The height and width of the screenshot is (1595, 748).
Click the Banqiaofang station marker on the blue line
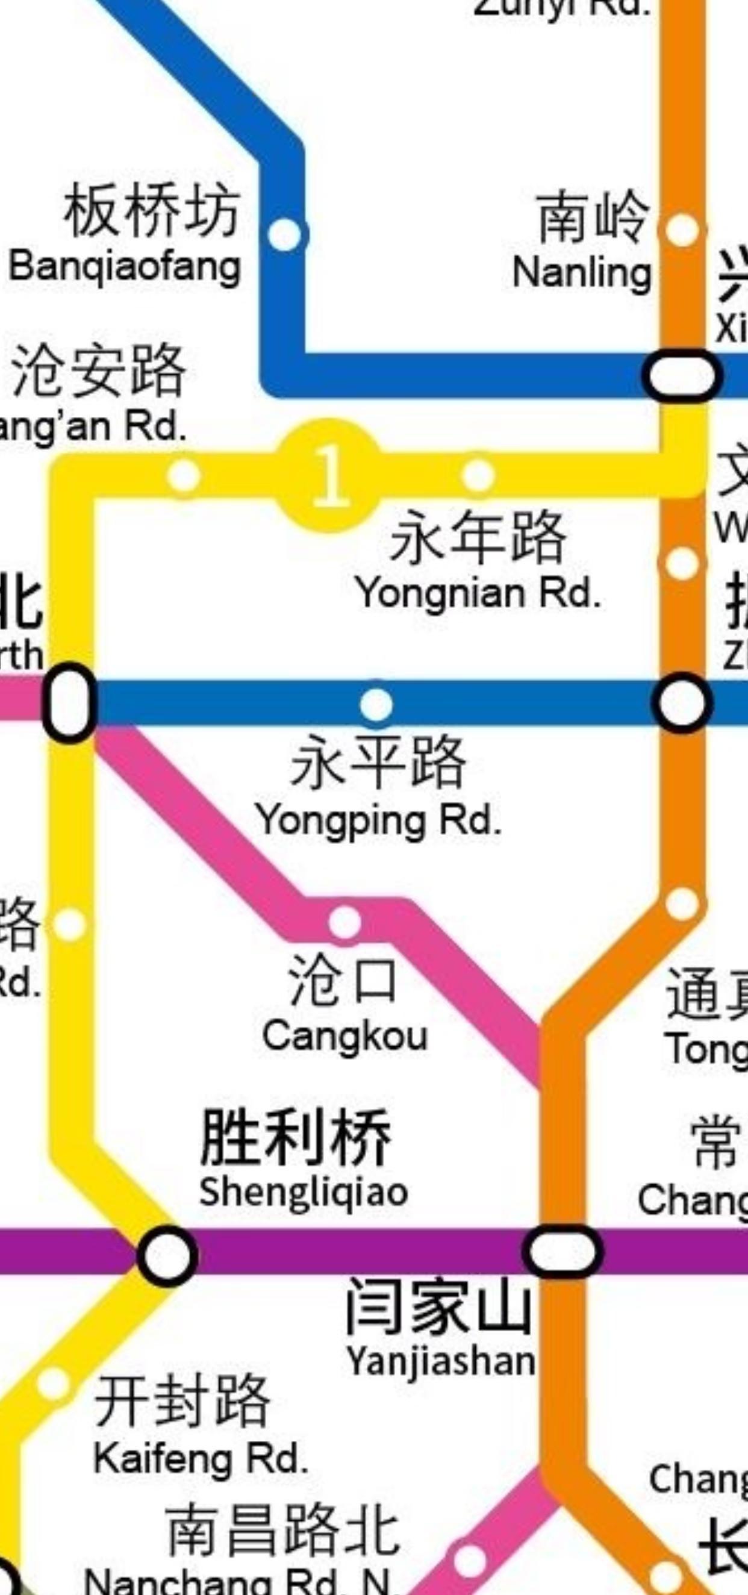click(x=285, y=235)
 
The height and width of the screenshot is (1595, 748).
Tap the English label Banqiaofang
click(x=125, y=267)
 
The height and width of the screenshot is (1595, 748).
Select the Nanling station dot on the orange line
click(x=682, y=229)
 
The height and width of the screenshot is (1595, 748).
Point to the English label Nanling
click(x=581, y=272)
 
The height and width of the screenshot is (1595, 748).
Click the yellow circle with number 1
click(x=328, y=475)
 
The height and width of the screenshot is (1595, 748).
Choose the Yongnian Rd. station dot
click(x=478, y=475)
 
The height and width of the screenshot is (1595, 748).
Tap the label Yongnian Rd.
click(x=478, y=593)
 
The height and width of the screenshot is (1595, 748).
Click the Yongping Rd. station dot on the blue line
click(x=376, y=704)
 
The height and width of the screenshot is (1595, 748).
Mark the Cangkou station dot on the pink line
click(x=344, y=922)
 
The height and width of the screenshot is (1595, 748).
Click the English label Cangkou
click(x=345, y=1036)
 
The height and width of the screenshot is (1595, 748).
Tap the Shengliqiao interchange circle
click(x=167, y=1256)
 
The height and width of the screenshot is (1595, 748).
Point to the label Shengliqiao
click(x=304, y=1192)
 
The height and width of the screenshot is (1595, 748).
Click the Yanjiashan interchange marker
click(x=563, y=1250)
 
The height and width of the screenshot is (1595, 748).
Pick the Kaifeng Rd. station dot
click(x=53, y=1384)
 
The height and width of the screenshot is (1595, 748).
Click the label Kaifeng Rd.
click(x=201, y=1459)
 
